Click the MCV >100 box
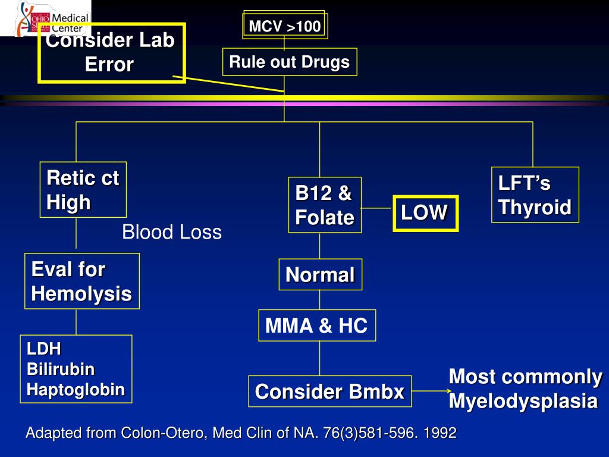point(284,26)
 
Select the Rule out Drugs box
point(290,62)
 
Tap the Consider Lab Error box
point(111,52)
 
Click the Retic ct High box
point(83,190)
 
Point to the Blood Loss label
point(171,233)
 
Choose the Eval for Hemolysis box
point(81,281)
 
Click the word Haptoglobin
point(76,390)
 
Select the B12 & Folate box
point(325,205)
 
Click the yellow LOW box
point(425,213)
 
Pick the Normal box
point(320,275)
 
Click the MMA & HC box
point(316,325)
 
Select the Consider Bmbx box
point(329,392)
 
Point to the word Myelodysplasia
point(522,401)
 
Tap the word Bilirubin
point(61,370)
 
